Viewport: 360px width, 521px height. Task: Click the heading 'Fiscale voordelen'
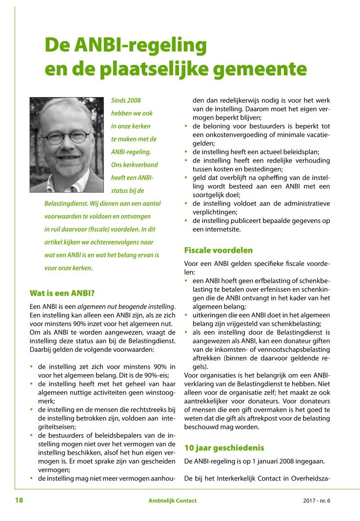pyautogui.click(x=218, y=250)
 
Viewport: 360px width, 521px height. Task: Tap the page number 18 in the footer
pyautogui.click(x=20, y=500)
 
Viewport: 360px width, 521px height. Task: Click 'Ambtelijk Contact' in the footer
pyautogui.click(x=173, y=501)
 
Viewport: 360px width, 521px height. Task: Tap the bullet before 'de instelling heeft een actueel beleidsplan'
pyautogui.click(x=187, y=152)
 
